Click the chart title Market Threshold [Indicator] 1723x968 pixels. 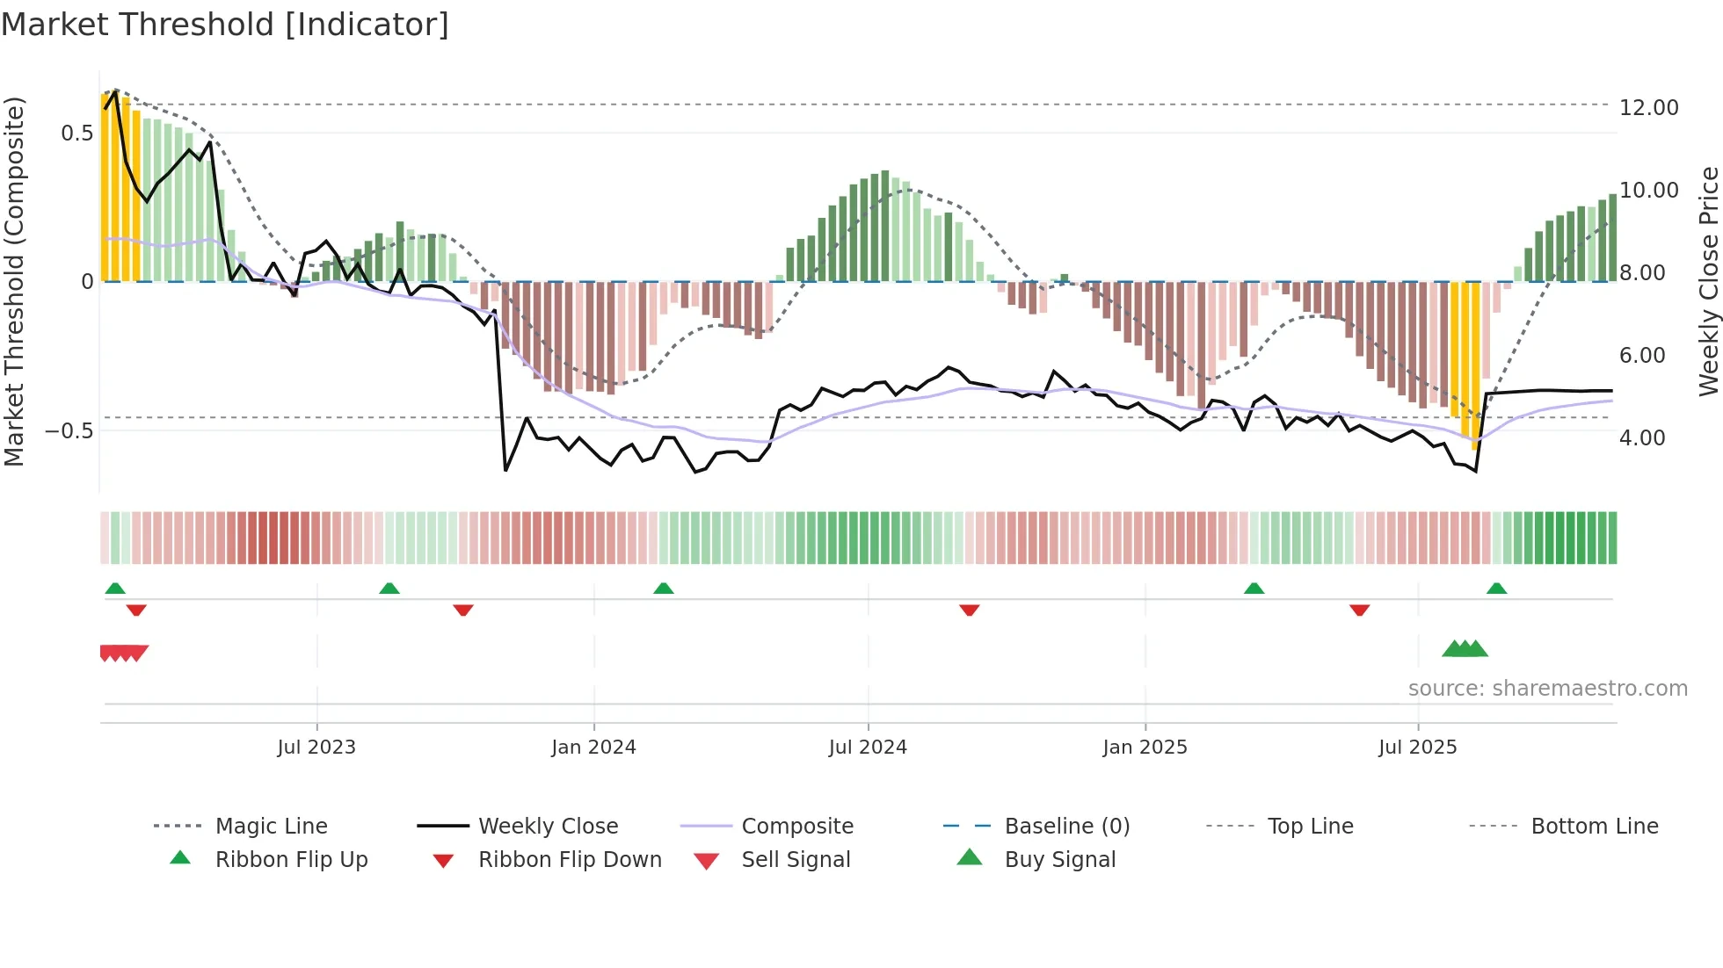click(225, 25)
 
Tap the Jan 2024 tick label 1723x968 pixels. click(593, 747)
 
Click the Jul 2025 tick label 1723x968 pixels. click(1417, 747)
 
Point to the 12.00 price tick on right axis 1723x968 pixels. click(1648, 107)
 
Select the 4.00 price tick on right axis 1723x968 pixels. click(1641, 437)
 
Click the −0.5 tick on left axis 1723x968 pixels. click(69, 430)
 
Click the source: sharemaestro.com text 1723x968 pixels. click(1547, 688)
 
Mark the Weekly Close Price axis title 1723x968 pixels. click(1708, 281)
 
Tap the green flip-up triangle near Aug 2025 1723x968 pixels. click(1496, 589)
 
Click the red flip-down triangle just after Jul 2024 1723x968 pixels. click(970, 610)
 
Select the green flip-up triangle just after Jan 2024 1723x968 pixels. click(664, 589)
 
